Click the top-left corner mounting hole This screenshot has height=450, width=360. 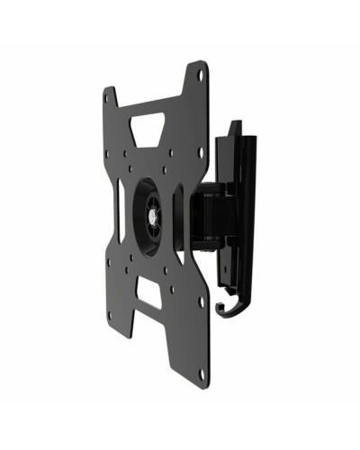[110, 93]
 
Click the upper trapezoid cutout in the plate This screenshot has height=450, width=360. [154, 123]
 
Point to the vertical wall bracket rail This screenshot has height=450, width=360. [236, 207]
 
